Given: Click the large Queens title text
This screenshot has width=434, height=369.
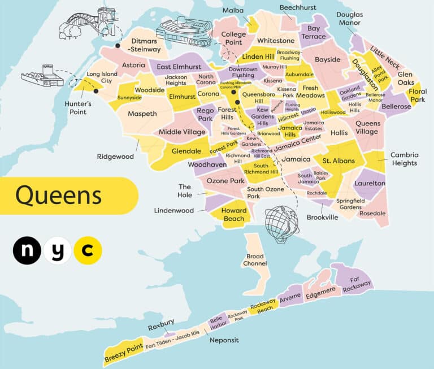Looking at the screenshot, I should [x=58, y=196].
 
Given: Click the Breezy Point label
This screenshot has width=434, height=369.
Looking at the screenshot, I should [x=122, y=352].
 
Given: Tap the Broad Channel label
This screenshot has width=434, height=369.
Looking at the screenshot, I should [x=255, y=260].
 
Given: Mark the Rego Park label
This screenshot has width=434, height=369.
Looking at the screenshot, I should [x=205, y=115].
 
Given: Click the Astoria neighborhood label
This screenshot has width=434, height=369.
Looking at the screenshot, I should [x=133, y=65].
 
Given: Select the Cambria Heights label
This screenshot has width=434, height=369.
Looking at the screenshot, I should [x=403, y=159].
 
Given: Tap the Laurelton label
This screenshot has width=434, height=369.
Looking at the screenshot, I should [x=370, y=184].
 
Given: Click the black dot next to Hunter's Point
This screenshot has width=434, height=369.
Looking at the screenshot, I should [x=96, y=91].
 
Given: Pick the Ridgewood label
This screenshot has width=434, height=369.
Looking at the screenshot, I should [x=115, y=157].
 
